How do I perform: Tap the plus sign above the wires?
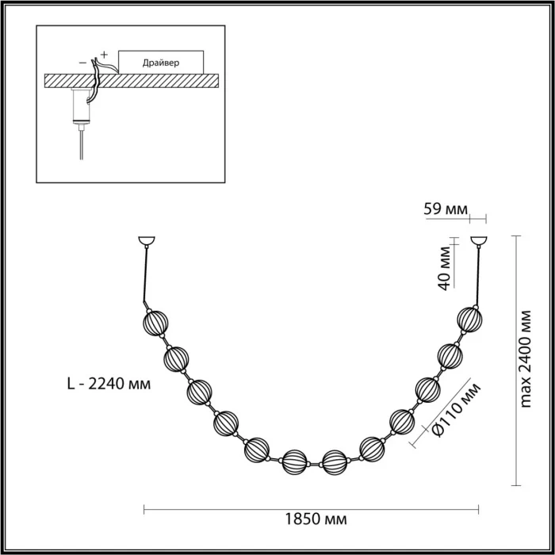click(x=104, y=53)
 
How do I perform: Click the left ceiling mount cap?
click(x=146, y=240)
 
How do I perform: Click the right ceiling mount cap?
click(x=480, y=240)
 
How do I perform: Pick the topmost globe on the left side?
click(x=155, y=323)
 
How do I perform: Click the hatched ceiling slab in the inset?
click(x=131, y=80)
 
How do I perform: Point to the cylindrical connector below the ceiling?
click(x=79, y=106)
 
